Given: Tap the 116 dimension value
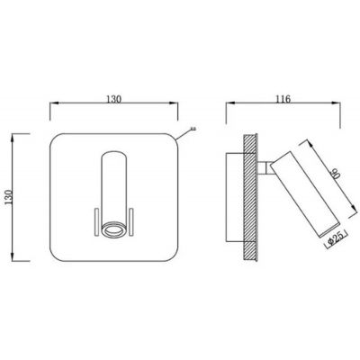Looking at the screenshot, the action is (283, 99).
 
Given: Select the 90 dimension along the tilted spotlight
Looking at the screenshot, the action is (337, 174).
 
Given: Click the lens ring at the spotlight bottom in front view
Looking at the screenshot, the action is (113, 229).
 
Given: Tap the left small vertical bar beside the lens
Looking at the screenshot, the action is (97, 221).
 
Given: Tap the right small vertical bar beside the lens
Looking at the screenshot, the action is (131, 221).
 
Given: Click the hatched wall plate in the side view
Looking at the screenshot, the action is (250, 197).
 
